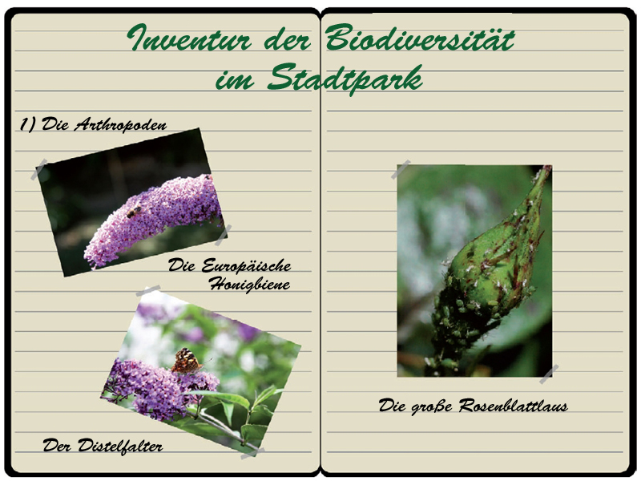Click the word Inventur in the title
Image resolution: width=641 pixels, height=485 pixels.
188,38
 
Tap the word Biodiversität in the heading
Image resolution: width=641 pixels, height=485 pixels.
420,37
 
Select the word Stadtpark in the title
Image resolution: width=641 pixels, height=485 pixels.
345,79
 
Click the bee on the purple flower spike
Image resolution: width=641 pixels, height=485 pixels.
134,212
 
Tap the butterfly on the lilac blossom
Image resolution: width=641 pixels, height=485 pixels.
187,361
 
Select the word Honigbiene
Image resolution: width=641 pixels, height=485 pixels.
249,284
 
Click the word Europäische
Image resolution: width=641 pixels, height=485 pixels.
246,265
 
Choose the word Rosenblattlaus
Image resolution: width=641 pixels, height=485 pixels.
513,406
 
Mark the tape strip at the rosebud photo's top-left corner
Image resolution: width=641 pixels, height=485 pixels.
401,170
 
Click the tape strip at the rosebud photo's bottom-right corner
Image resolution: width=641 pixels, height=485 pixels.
549,374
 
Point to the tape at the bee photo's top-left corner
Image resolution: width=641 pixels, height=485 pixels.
39,169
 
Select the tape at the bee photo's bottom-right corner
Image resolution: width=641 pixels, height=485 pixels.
224,235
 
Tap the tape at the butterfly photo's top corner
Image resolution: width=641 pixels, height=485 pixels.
148,291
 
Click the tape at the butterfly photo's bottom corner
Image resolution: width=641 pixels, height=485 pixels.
252,454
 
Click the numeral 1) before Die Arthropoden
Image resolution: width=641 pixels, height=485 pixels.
28,124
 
